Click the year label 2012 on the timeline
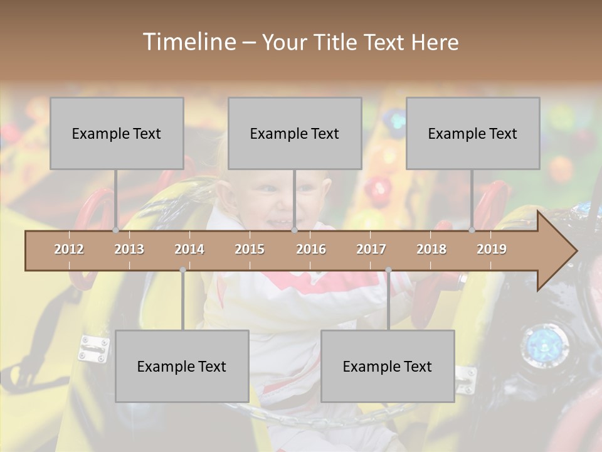tap(69, 249)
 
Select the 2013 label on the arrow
tap(129, 249)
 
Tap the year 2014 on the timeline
tap(189, 249)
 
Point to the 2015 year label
tap(250, 249)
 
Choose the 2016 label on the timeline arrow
tap(311, 249)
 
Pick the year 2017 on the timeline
tap(371, 249)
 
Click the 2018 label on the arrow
tap(431, 249)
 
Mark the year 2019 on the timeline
tap(492, 249)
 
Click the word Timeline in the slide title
tap(189, 42)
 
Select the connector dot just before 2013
tap(115, 230)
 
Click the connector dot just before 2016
tap(294, 230)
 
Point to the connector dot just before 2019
tap(472, 230)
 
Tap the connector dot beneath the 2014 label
tap(182, 270)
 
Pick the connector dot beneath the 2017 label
tap(388, 270)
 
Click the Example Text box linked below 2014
tap(182, 366)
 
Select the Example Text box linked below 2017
tap(388, 366)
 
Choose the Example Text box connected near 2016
tap(295, 133)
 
